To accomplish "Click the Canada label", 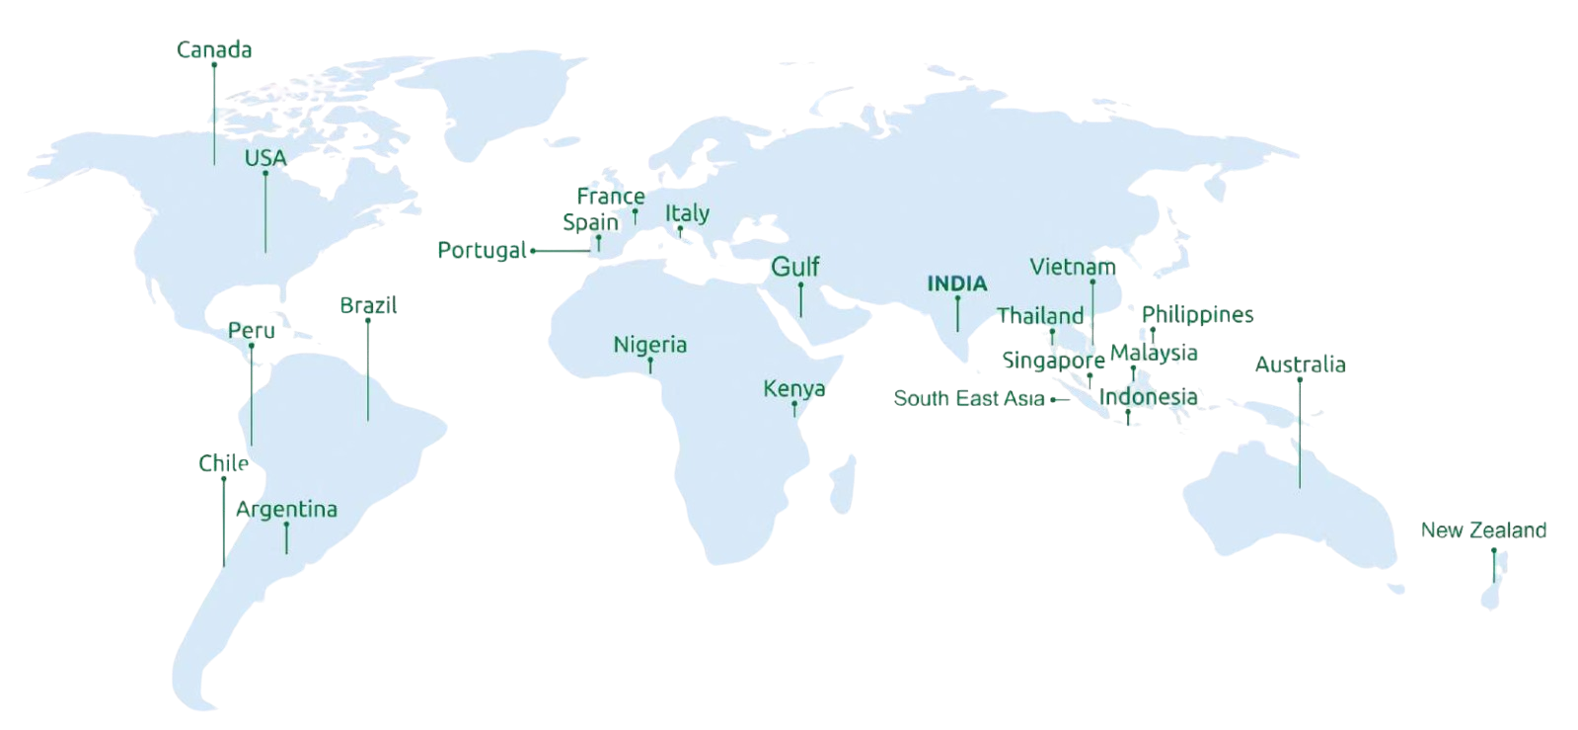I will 214,49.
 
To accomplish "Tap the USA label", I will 265,158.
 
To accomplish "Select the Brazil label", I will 368,305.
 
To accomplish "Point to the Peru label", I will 251,330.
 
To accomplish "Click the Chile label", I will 223,463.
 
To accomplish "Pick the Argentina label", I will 286,510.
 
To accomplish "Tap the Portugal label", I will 482,250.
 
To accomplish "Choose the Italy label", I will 687,212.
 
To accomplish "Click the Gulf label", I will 794,267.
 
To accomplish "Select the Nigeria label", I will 649,345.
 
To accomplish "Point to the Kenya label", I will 794,388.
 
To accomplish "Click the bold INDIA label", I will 956,284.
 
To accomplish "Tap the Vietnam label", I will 1073,267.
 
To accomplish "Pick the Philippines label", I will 1197,315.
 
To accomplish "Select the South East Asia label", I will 969,399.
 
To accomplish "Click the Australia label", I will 1300,365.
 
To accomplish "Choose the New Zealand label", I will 1483,530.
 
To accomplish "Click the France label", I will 611,196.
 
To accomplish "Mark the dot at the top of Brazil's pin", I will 368,320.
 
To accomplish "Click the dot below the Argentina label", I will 286,525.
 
